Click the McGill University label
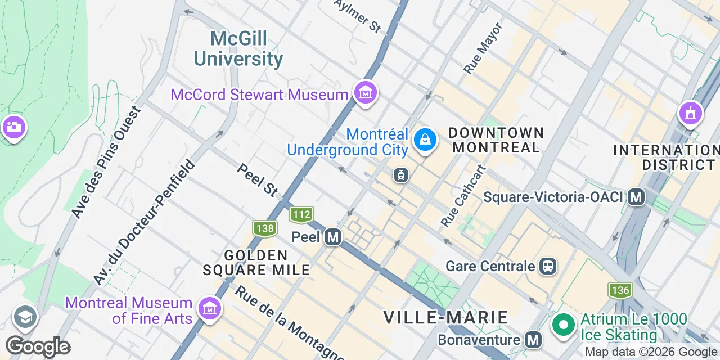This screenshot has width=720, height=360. click(238, 49)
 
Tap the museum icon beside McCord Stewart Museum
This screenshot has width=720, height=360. click(366, 92)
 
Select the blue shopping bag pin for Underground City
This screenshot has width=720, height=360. click(425, 139)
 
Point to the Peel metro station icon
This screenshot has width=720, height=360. click(333, 237)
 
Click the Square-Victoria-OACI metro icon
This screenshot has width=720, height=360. click(636, 197)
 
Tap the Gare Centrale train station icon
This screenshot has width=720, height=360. click(548, 265)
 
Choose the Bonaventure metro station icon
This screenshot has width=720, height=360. click(533, 340)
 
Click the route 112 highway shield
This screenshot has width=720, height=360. click(301, 214)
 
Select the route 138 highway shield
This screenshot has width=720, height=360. click(264, 228)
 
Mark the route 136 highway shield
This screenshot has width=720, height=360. click(620, 290)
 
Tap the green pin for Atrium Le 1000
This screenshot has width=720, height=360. click(562, 325)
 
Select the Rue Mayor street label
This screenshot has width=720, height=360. click(483, 48)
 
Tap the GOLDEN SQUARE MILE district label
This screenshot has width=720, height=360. click(256, 263)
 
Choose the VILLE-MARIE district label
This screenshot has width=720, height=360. click(445, 317)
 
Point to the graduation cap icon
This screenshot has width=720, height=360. click(25, 317)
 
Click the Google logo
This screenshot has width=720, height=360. click(38, 347)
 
